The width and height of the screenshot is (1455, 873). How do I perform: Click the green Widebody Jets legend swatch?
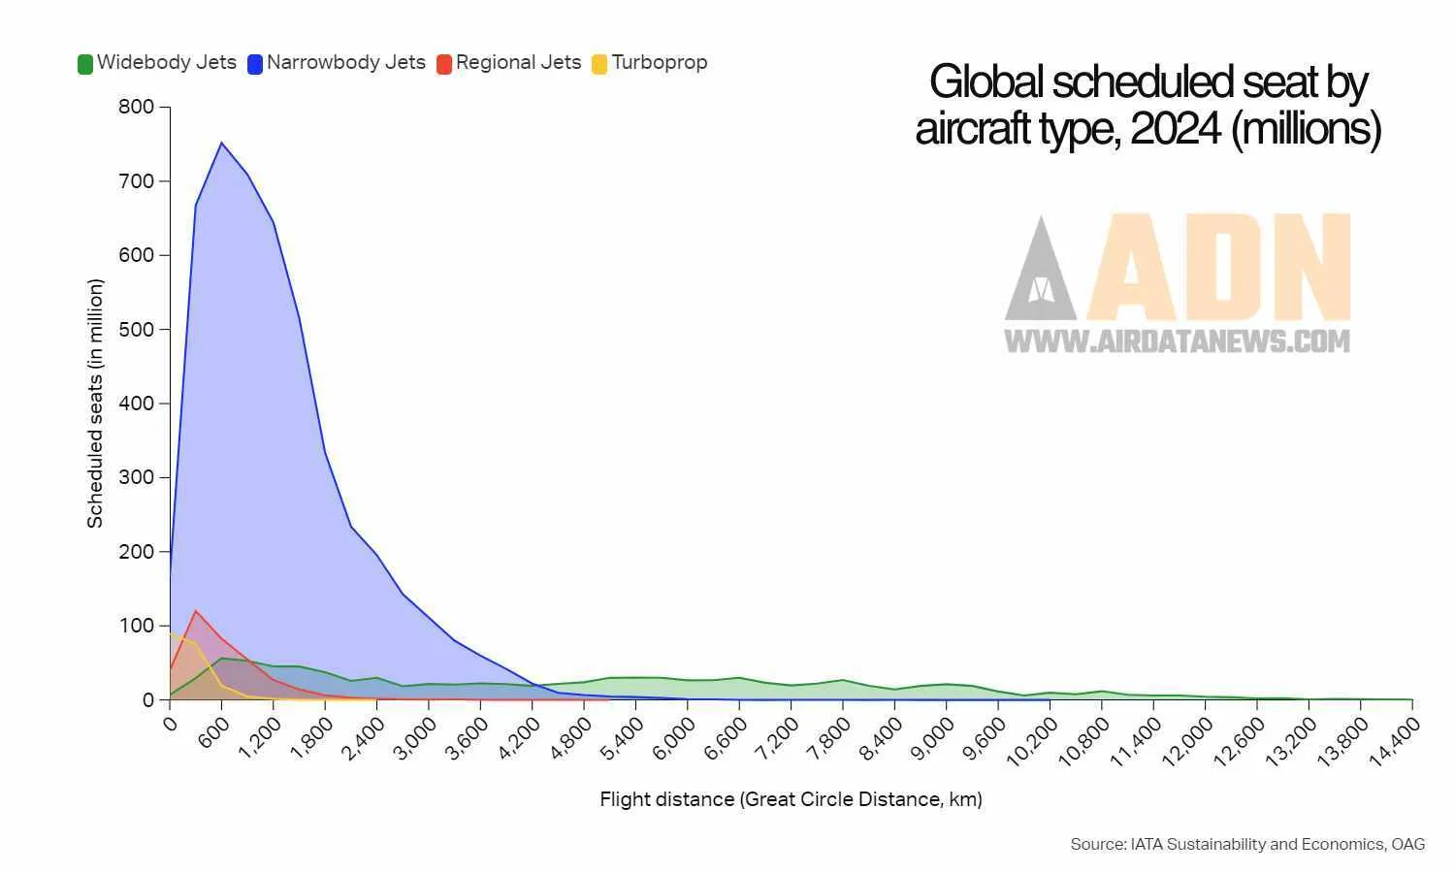pyautogui.click(x=85, y=65)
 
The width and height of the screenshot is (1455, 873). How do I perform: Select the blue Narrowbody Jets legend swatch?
pyautogui.click(x=255, y=65)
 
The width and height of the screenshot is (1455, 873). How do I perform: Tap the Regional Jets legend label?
pyautogui.click(x=518, y=63)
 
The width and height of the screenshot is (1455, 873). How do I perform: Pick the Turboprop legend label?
pyautogui.click(x=660, y=63)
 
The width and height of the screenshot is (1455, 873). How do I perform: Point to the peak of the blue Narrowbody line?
pyautogui.click(x=221, y=144)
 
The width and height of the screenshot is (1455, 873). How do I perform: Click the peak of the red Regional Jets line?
pyautogui.click(x=196, y=611)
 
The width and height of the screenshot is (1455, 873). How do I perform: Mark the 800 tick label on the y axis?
pyautogui.click(x=136, y=107)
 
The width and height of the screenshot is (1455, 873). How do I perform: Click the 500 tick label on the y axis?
pyautogui.click(x=136, y=329)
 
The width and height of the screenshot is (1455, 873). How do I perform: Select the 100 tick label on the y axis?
pyautogui.click(x=136, y=626)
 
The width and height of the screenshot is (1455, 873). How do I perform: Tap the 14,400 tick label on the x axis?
pyautogui.click(x=1394, y=742)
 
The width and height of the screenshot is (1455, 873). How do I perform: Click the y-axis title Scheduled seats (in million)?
pyautogui.click(x=95, y=404)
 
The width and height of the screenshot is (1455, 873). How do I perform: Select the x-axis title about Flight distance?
pyautogui.click(x=791, y=799)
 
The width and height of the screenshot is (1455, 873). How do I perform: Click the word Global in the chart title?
pyautogui.click(x=986, y=82)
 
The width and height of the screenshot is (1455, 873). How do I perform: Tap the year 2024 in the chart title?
pyautogui.click(x=1176, y=129)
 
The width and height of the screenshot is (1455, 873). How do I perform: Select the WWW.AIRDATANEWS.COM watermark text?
pyautogui.click(x=1177, y=340)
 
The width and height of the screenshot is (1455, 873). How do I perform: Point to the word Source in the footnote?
pyautogui.click(x=1097, y=844)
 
